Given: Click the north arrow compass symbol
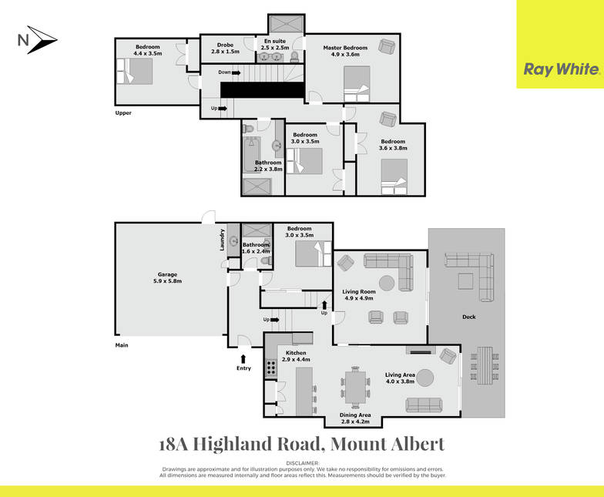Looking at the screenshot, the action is point(38,40).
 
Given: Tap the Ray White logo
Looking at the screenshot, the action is point(561,69).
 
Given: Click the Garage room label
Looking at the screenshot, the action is point(167,277).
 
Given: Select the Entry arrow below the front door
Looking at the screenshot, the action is point(243,358).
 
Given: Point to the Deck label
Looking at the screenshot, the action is point(468,317).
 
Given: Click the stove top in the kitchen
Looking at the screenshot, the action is point(271,367).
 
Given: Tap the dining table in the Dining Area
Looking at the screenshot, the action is point(355,387).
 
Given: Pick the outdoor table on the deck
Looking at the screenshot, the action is point(485,365).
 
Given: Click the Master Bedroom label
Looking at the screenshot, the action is point(345,51).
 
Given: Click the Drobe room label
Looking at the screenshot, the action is point(225,48).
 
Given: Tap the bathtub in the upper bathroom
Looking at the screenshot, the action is point(252,155).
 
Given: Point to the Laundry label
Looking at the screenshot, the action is point(222,240).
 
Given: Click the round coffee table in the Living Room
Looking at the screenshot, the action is point(387,284).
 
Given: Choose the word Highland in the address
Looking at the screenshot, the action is point(256,444).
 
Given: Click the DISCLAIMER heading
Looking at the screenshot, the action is point(302,463).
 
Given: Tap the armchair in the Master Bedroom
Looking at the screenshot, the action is point(387,46).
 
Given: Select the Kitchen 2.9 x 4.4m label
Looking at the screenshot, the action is point(296,356).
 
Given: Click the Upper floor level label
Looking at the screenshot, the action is point(123,112).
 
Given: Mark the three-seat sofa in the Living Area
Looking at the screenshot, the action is point(424,405).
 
